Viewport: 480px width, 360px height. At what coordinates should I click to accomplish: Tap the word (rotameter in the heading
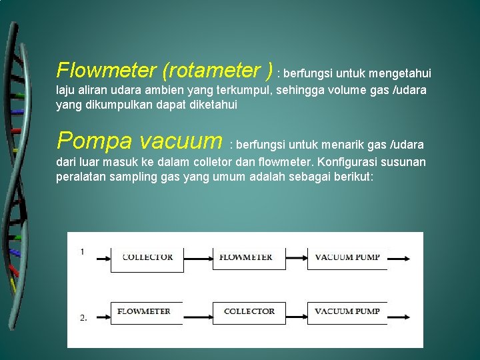[210, 70]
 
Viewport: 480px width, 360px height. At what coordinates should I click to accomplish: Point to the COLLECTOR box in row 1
[147, 257]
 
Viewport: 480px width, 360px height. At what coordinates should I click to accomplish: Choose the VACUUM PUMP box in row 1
[347, 257]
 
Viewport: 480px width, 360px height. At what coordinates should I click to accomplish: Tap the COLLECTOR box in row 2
[249, 312]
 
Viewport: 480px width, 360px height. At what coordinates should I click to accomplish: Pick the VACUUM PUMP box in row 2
[347, 312]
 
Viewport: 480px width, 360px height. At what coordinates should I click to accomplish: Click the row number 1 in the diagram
[82, 252]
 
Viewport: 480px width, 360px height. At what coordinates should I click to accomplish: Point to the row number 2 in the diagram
[83, 318]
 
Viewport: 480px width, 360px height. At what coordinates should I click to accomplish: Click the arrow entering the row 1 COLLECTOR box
[102, 257]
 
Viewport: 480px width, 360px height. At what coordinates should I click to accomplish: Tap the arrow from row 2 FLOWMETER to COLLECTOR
[198, 312]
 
